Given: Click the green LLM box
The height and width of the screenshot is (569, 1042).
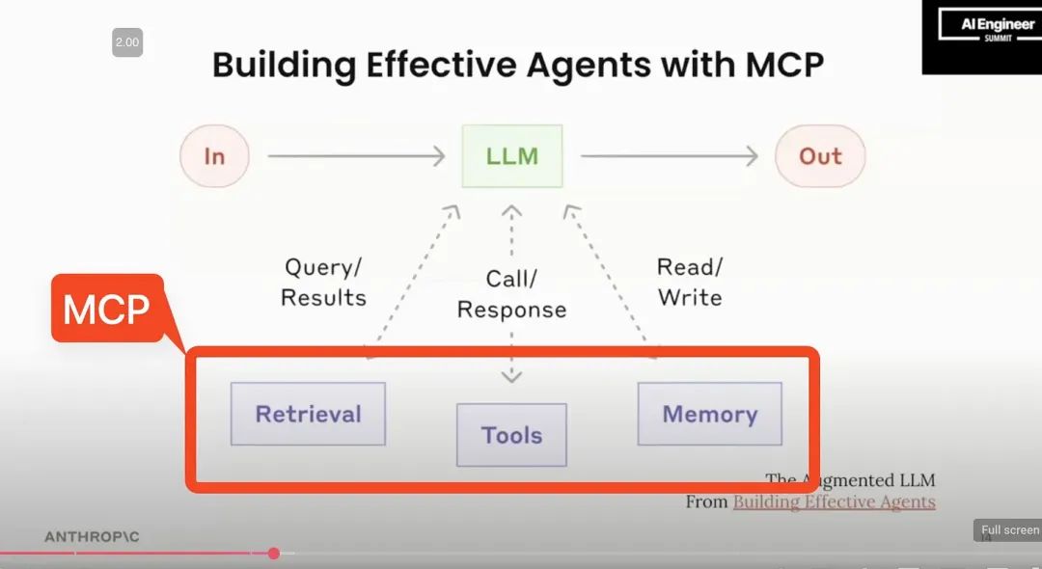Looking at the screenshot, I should click(511, 155).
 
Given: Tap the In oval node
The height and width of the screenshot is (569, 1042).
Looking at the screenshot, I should click(214, 156).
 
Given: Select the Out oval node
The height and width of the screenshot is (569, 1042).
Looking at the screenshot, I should click(820, 156).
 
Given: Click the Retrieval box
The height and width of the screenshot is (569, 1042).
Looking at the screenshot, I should click(308, 414).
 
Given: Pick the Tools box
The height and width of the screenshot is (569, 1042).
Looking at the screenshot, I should click(511, 435).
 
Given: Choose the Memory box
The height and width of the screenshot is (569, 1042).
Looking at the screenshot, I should click(709, 414).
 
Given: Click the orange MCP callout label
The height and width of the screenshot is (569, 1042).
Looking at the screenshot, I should click(106, 310).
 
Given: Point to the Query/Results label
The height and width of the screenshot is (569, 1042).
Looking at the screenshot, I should click(323, 282).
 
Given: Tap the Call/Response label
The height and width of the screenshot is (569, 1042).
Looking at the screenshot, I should click(511, 294).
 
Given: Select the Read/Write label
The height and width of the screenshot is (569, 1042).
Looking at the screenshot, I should click(690, 282).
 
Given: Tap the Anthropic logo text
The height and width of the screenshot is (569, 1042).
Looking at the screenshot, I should click(92, 536).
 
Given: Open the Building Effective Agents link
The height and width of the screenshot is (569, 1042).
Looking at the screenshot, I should click(834, 501).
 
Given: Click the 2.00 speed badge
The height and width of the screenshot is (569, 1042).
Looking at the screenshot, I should click(127, 42).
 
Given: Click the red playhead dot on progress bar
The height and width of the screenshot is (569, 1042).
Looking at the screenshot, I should click(274, 553).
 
